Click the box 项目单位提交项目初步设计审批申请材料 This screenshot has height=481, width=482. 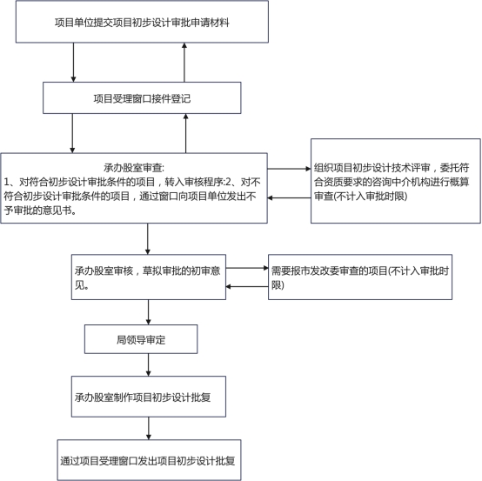click(x=142, y=22)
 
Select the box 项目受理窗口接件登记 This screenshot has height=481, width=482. click(x=142, y=97)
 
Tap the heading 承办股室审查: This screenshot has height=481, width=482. click(x=134, y=168)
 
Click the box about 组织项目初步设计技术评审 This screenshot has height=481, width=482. click(x=396, y=181)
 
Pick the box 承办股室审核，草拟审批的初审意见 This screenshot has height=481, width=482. click(x=149, y=277)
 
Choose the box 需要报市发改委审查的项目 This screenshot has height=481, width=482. click(x=360, y=277)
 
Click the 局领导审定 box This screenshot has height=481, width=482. click(x=141, y=339)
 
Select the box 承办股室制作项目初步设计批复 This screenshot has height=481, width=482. click(x=149, y=397)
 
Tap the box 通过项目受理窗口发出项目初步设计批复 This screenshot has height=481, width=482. click(x=149, y=460)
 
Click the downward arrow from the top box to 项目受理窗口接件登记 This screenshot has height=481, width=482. click(x=73, y=63)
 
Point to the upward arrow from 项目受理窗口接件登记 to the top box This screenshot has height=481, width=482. click(x=184, y=63)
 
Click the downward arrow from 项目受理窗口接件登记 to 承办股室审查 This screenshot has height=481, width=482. click(x=72, y=133)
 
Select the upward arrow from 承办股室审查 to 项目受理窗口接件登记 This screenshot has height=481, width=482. click(x=185, y=133)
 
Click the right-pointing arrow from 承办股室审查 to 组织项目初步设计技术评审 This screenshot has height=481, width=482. click(x=289, y=169)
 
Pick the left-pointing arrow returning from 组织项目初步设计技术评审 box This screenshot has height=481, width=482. click(x=289, y=198)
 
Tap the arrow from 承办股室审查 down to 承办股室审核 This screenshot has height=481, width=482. click(x=148, y=239)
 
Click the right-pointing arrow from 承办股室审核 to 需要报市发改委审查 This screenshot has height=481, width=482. click(x=247, y=268)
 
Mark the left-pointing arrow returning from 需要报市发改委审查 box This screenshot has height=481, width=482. click(x=247, y=287)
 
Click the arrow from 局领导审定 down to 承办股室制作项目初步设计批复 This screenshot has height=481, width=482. click(x=149, y=364)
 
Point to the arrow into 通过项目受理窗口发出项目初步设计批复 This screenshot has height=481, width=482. click(x=149, y=429)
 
